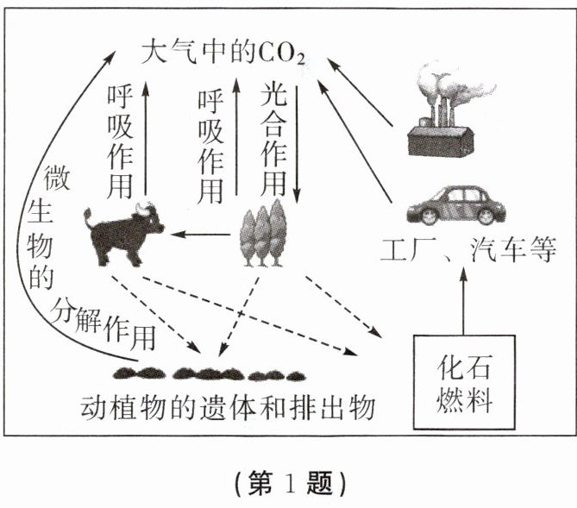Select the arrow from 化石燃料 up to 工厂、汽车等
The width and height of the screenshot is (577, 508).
(x=463, y=302)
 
